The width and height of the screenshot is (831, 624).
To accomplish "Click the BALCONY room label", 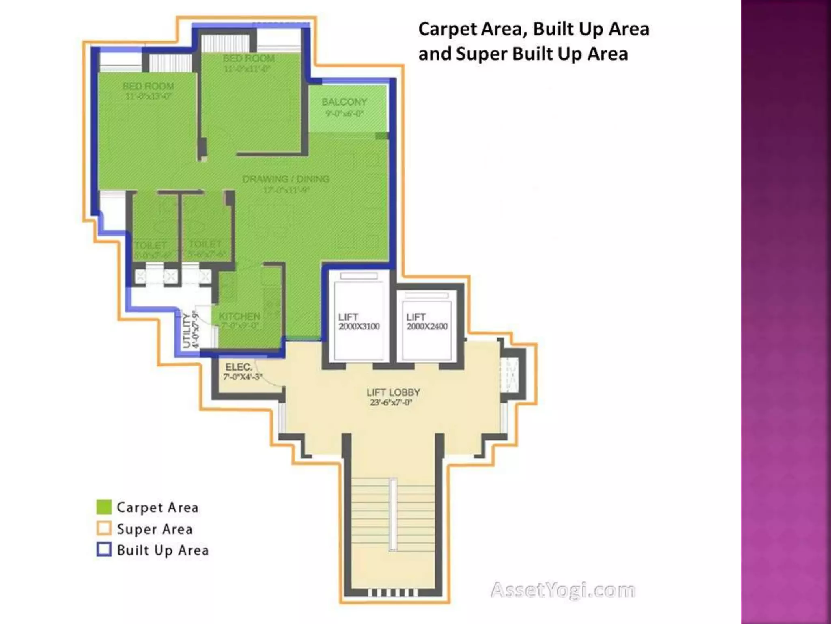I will pyautogui.click(x=344, y=102).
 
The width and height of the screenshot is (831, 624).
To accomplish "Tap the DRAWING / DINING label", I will pyautogui.click(x=286, y=179).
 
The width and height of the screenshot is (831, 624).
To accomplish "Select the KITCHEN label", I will pyautogui.click(x=239, y=316).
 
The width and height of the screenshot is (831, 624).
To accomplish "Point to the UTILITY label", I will pyautogui.click(x=187, y=330).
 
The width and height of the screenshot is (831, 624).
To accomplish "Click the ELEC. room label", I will pyautogui.click(x=239, y=367).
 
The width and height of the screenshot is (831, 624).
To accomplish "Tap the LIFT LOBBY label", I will pyautogui.click(x=393, y=392).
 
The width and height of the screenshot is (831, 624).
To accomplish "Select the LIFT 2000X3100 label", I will pyautogui.click(x=359, y=321).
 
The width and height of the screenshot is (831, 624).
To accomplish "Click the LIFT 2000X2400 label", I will pyautogui.click(x=427, y=321).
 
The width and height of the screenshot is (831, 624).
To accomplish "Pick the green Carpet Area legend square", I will pyautogui.click(x=104, y=507).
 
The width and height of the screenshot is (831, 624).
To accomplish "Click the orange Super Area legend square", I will pyautogui.click(x=104, y=528).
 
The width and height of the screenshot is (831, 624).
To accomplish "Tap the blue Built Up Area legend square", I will pyautogui.click(x=104, y=549).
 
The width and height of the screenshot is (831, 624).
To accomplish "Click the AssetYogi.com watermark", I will pyautogui.click(x=563, y=590).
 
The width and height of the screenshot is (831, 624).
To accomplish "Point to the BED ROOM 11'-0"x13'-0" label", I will pyautogui.click(x=148, y=91).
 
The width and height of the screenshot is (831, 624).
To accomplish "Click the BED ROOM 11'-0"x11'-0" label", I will pyautogui.click(x=248, y=63).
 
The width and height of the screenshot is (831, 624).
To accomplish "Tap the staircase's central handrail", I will pyautogui.click(x=393, y=515).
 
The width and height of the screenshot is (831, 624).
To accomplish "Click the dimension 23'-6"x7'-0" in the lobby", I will pyautogui.click(x=391, y=403).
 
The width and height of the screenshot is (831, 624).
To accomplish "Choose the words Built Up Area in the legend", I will pyautogui.click(x=163, y=550).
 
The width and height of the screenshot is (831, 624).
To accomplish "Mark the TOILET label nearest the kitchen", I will pyautogui.click(x=205, y=244).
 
